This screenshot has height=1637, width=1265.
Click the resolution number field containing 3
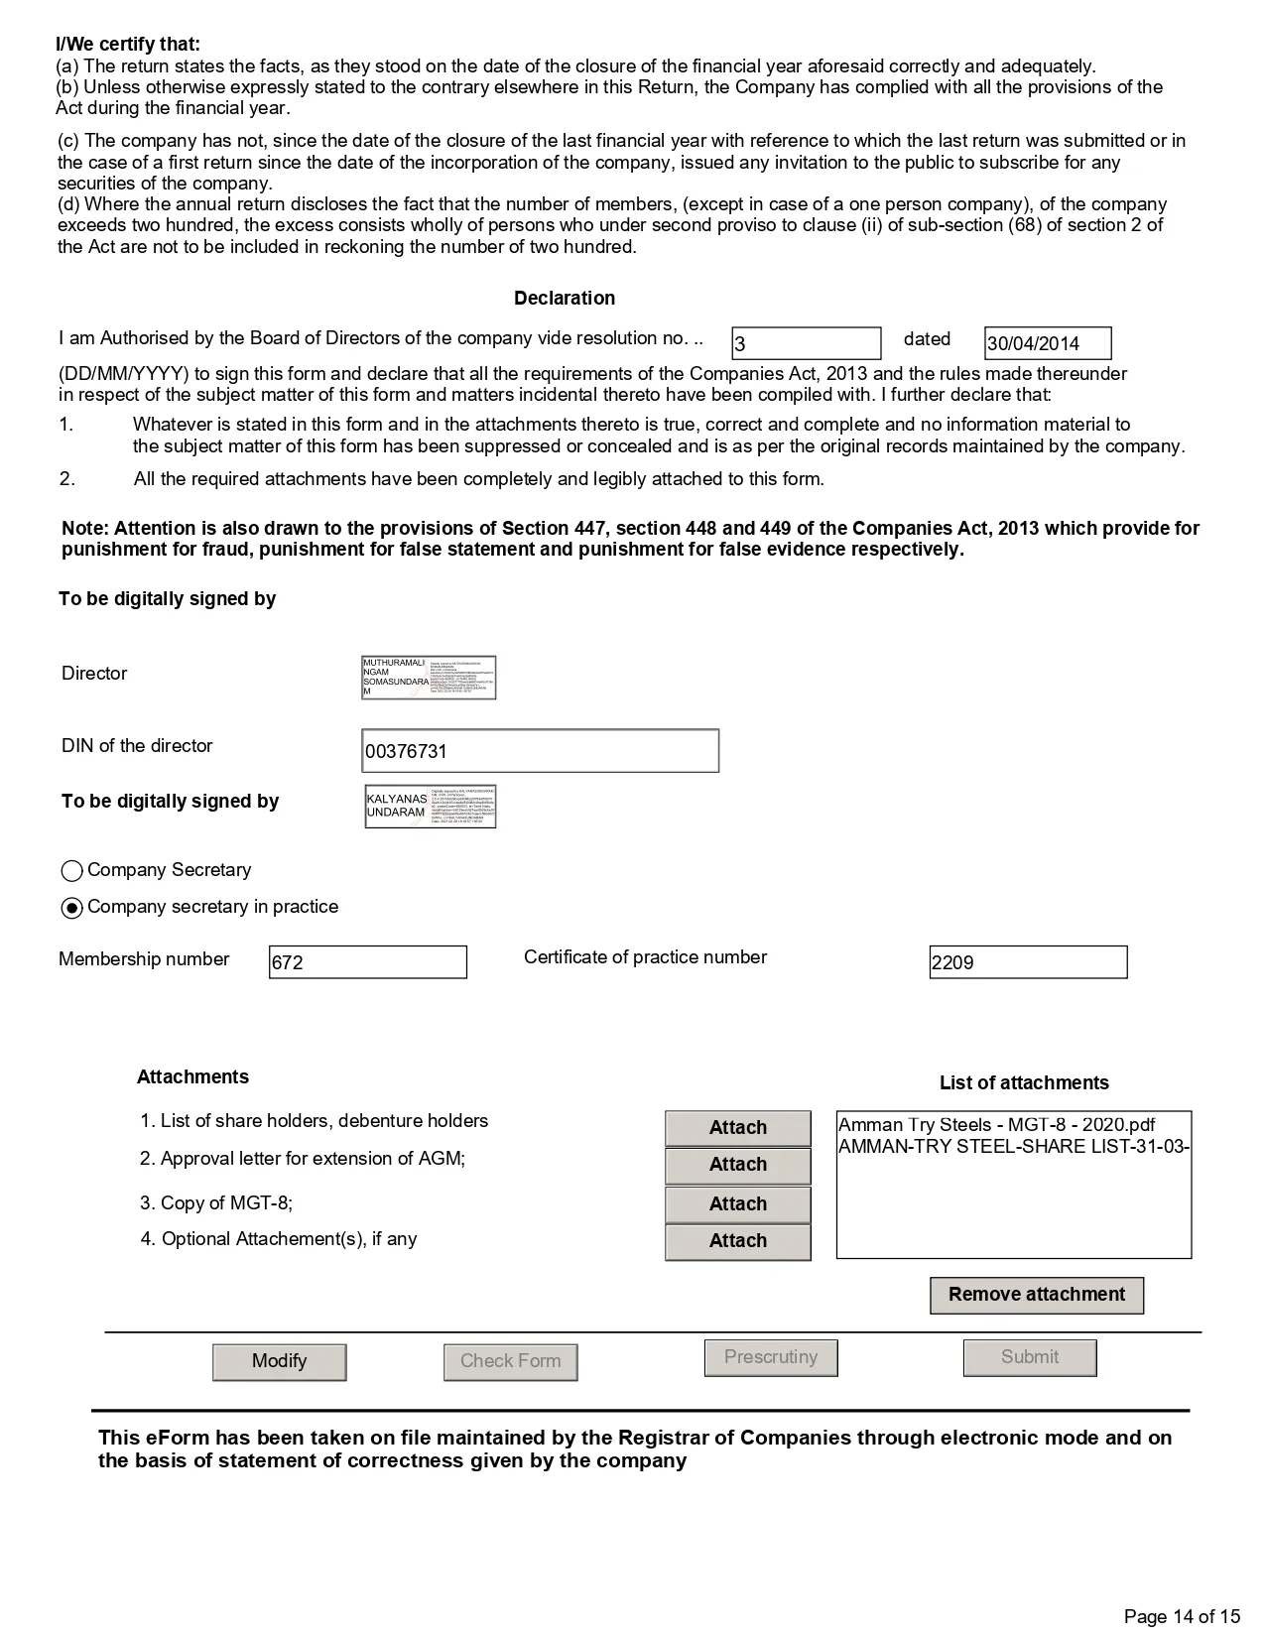pyautogui.click(x=806, y=343)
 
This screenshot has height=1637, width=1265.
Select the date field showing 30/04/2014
pyautogui.click(x=1047, y=343)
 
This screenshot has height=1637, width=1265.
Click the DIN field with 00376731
pyautogui.click(x=540, y=751)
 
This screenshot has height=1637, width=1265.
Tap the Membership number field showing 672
pyautogui.click(x=367, y=962)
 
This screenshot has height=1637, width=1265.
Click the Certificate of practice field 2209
pyautogui.click(x=1028, y=962)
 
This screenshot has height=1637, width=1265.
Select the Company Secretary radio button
pyautogui.click(x=72, y=871)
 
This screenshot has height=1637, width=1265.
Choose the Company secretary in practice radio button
pyautogui.click(x=72, y=908)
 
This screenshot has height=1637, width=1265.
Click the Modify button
pyautogui.click(x=279, y=1361)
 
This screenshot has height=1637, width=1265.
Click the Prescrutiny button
pyautogui.click(x=771, y=1357)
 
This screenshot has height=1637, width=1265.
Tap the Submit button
pyautogui.click(x=1030, y=1357)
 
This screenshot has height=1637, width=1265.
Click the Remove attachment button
pyautogui.click(x=1037, y=1295)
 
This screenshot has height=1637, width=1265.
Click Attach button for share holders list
pyautogui.click(x=737, y=1128)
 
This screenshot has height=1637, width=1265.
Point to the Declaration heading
pyautogui.click(x=565, y=299)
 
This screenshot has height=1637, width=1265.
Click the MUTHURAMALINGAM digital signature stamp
pyautogui.click(x=429, y=678)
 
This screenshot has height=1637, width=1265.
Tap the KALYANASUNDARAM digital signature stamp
pyautogui.click(x=431, y=807)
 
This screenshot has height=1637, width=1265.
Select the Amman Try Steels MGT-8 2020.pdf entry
pyautogui.click(x=996, y=1125)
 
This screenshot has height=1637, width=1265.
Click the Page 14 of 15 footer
pyautogui.click(x=1182, y=1616)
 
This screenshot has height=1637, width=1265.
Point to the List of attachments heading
pyautogui.click(x=1024, y=1083)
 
